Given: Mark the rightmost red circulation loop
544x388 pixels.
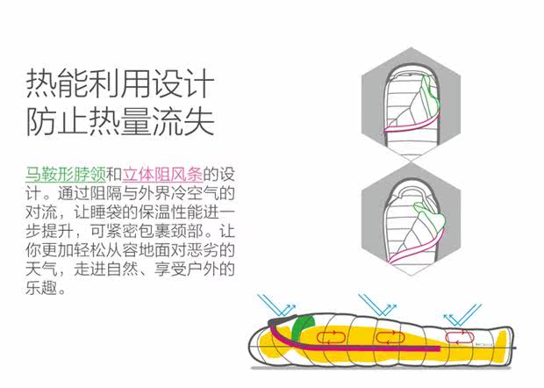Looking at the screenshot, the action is pos(457,336).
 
